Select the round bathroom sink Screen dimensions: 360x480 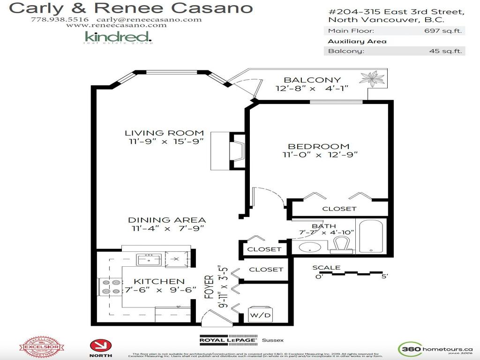coord(309,247)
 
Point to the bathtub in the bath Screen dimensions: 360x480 coord(371,236)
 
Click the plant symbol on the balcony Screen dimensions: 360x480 coord(374,77)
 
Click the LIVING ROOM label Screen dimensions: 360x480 coord(164,133)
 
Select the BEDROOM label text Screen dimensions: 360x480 coord(319,146)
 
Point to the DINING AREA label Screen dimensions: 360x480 coord(167,220)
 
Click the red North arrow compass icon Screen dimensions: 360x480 coord(101,346)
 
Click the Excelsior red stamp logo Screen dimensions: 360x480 coord(41,347)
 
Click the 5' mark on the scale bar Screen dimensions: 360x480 coord(384,277)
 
